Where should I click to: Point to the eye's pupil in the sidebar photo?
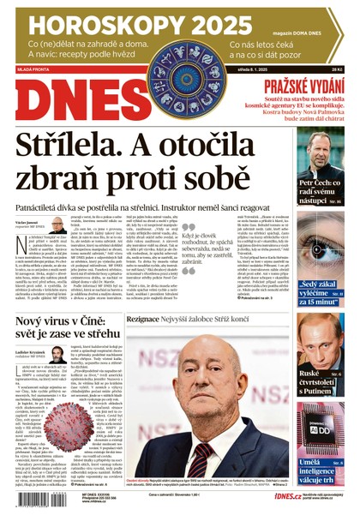coord(318,249)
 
